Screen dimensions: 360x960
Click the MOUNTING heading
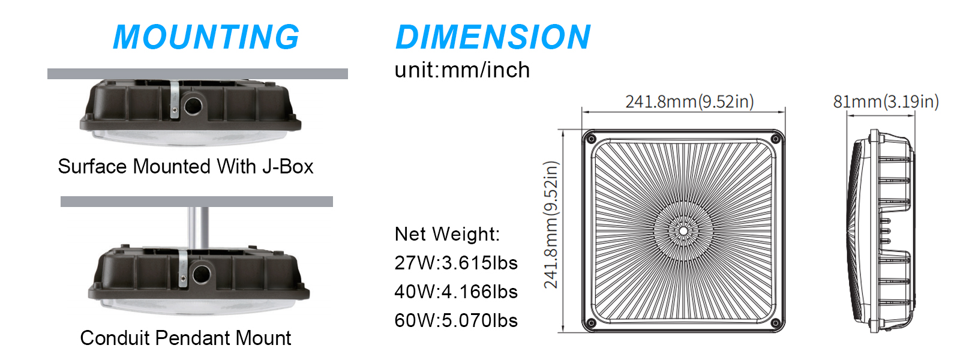click(x=206, y=37)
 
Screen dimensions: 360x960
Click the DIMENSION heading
click(x=493, y=37)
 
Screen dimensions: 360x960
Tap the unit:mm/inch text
click(x=462, y=70)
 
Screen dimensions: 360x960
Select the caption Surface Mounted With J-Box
click(x=185, y=166)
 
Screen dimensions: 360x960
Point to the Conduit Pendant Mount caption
click(x=185, y=338)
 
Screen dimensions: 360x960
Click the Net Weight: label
click(x=447, y=234)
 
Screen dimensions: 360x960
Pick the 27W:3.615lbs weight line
click(x=456, y=263)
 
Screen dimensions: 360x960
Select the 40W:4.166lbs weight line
click(x=456, y=292)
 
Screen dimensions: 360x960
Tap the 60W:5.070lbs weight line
click(x=456, y=320)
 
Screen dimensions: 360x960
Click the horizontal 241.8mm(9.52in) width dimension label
click(x=689, y=101)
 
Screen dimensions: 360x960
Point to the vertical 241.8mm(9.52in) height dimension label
click(x=551, y=224)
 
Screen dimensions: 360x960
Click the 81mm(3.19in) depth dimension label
click(x=886, y=101)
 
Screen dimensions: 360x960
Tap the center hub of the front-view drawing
click(x=683, y=230)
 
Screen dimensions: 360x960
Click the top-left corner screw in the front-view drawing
click(x=590, y=139)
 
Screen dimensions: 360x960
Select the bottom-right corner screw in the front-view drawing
click(x=775, y=323)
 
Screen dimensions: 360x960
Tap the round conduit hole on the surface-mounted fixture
click(x=193, y=106)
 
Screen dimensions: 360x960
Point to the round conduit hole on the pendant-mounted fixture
click(x=201, y=274)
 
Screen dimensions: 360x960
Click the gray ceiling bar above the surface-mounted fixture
click(x=197, y=74)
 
